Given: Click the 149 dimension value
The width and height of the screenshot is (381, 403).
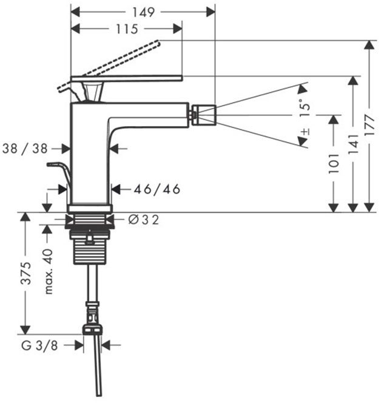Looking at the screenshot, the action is point(143,12).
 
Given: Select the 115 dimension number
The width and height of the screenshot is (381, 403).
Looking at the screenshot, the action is point(127,29).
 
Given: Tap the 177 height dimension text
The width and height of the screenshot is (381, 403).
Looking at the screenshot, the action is point(369,126).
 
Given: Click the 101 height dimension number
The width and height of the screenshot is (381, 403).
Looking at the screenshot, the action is point(334,163).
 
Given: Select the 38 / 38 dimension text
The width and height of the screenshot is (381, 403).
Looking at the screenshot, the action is point(25,149).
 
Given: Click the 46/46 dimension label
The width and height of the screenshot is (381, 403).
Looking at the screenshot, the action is point(157,189).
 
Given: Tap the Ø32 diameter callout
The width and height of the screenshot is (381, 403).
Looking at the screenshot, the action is point(143,220).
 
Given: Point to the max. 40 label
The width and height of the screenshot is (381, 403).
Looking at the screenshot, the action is point(48,271).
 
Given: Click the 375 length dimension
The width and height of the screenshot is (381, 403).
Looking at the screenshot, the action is point(25,273).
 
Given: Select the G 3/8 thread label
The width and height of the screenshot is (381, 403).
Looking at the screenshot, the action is point(39,346).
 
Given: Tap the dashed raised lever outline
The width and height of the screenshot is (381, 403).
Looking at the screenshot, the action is point(109,66).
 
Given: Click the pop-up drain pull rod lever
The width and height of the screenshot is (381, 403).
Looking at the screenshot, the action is point(59,175).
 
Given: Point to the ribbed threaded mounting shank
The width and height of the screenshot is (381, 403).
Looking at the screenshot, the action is point(89,247).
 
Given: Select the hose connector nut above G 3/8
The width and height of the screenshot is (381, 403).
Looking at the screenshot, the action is point(92,329).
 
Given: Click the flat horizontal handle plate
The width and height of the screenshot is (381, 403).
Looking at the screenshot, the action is point(126,79).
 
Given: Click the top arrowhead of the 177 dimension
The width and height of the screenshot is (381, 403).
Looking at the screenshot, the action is point(369,45).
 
